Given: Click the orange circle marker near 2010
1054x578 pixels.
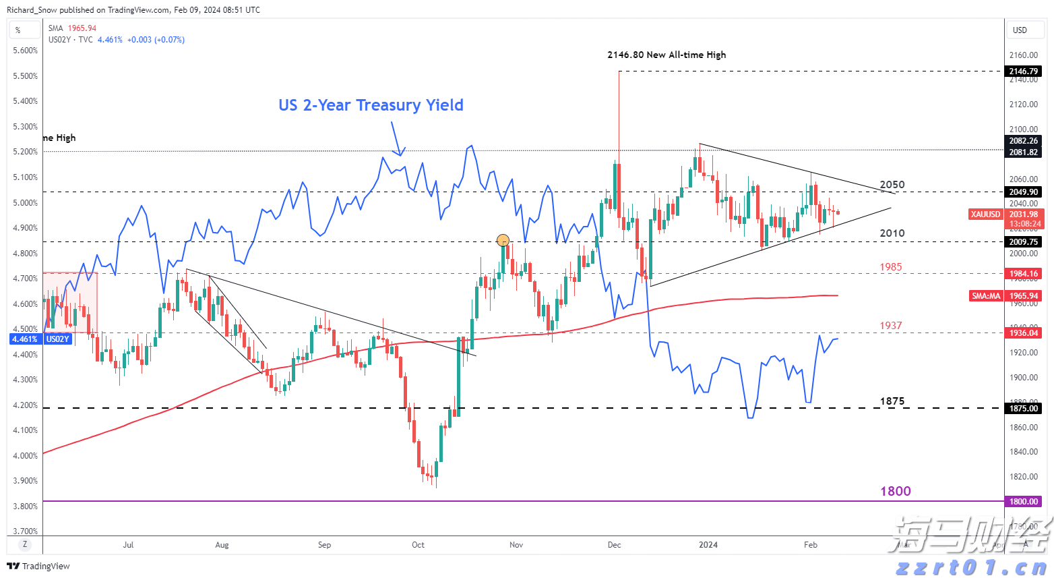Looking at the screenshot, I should pos(503,240).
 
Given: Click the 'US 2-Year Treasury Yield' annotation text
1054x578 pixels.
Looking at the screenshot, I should pos(371,105).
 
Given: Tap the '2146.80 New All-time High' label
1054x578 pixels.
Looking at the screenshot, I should pos(666,55).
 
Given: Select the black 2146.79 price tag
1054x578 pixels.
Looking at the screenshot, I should pos(1023,71).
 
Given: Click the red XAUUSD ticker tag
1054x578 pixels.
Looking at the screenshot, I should pos(985,214).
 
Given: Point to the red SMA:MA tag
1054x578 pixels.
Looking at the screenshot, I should pos(986,296).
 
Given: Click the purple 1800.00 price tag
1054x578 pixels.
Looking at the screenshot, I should pos(1023,501).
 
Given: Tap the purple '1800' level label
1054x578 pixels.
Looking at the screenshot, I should pos(895,491).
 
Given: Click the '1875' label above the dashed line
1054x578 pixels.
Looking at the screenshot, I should pos(892,401).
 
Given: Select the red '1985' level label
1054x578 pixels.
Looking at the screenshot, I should pos(890,267).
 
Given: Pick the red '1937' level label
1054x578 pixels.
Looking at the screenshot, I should pos(890,326).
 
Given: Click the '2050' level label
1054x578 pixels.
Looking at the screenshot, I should pos(892,185).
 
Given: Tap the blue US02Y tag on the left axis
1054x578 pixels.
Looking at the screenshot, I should pos(57,339).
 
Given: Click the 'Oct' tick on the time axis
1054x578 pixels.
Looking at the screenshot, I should pos(418,544).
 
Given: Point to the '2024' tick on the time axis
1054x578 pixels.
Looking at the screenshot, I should pos(708,544).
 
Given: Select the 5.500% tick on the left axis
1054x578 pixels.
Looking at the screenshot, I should pos(26,76).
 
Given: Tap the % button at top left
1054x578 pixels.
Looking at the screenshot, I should pos(18,30).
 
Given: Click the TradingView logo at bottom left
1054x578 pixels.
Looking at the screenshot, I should pos(38,566).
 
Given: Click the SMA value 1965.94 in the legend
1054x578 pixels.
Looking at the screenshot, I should pos(82,28).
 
